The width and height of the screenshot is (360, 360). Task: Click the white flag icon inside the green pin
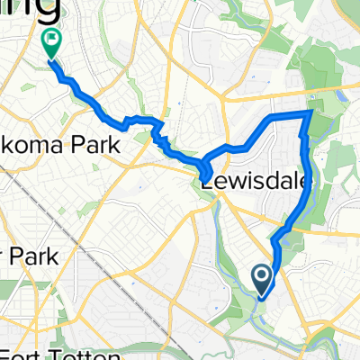click(x=50, y=39)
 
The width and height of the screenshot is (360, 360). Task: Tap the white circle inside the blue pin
click(x=262, y=274)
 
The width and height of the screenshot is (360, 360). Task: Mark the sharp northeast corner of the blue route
click(x=311, y=112)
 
